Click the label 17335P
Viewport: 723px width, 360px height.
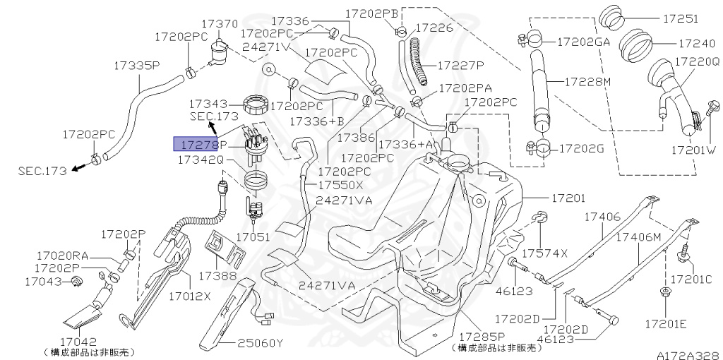click(x=137, y=66)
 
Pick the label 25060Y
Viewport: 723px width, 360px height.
click(x=259, y=344)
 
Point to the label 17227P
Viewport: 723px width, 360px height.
click(x=460, y=65)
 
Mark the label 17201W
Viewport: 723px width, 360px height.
click(x=693, y=150)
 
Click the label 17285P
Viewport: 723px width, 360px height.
click(x=482, y=336)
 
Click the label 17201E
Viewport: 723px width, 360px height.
click(x=665, y=323)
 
